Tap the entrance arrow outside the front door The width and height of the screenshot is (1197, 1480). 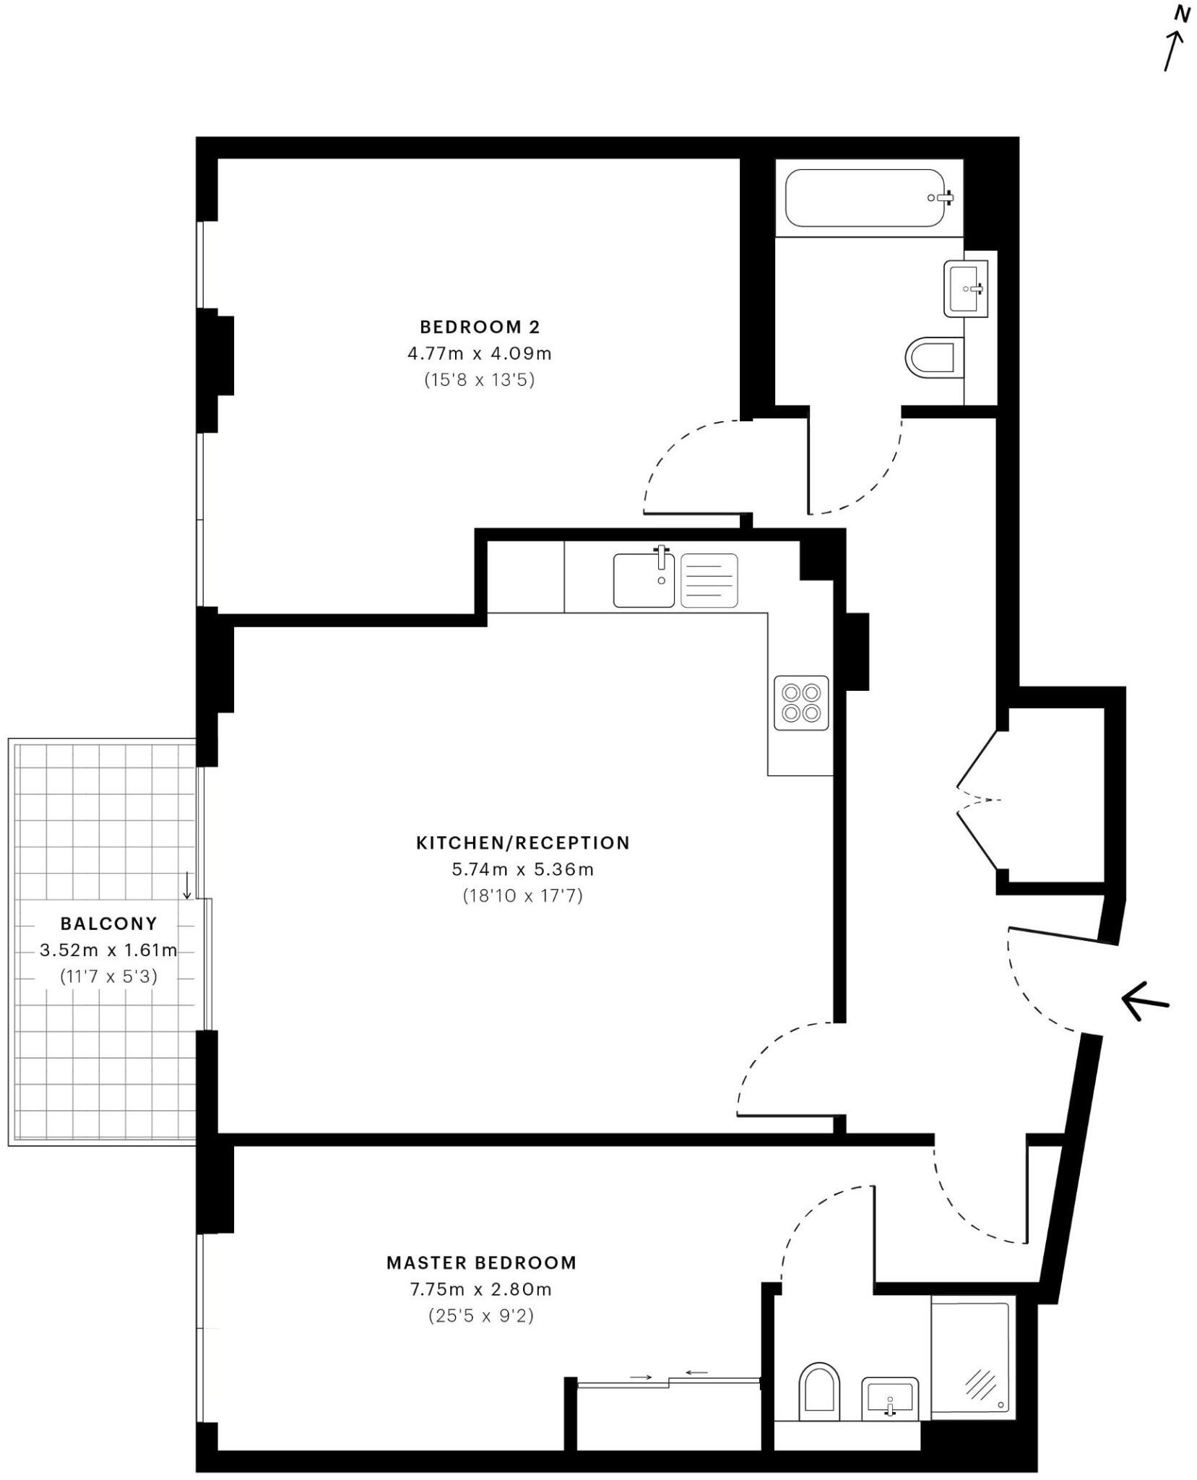click(1145, 1002)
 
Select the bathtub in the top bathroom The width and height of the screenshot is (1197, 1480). click(865, 197)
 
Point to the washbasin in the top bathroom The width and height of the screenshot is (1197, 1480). click(965, 289)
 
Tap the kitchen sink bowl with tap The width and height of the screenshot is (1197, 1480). click(644, 580)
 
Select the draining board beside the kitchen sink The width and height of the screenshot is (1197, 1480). click(709, 580)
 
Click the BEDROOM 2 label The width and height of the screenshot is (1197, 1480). click(480, 327)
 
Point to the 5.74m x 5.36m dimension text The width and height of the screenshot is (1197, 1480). click(522, 869)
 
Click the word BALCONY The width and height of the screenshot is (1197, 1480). click(108, 924)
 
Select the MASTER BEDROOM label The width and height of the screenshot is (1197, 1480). click(481, 1262)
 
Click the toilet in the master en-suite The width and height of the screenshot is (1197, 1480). click(819, 1390)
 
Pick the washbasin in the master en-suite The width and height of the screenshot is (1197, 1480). click(889, 1398)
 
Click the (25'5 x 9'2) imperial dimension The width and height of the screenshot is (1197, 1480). click(480, 1315)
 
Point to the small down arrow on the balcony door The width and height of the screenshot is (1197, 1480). click(186, 885)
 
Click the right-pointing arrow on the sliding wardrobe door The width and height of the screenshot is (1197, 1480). click(640, 1377)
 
